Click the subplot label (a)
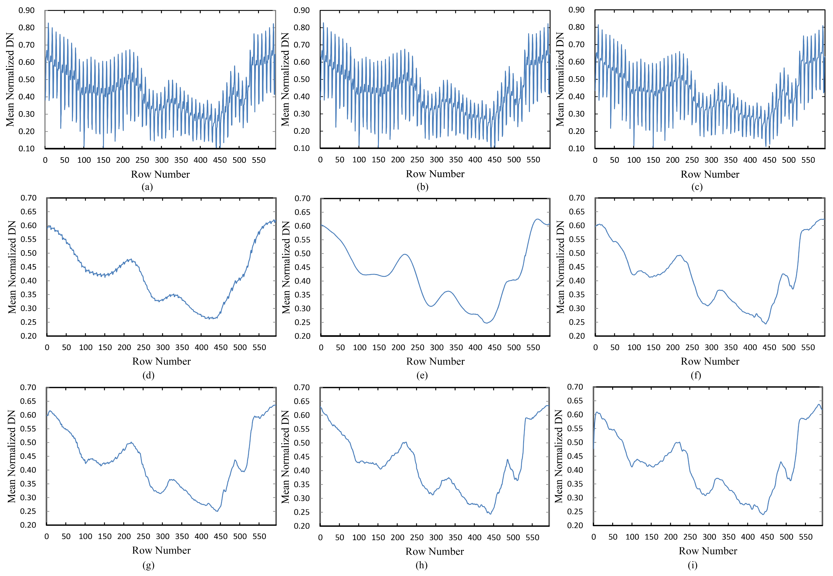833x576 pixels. tap(147, 187)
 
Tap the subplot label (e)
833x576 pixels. tap(422, 375)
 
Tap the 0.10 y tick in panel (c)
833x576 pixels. tap(576, 148)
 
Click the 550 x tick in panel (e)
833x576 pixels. tap(533, 348)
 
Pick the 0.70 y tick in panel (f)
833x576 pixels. tap(577, 198)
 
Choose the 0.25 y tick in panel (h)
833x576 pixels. tap(302, 512)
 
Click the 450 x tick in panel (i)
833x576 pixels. tap(767, 537)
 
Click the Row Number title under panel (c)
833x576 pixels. tap(710, 174)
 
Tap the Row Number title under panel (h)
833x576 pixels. tap(434, 551)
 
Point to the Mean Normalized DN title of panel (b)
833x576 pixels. tap(285, 79)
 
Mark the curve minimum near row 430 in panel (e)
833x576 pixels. tap(487, 323)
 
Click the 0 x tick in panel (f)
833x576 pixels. tap(596, 348)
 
